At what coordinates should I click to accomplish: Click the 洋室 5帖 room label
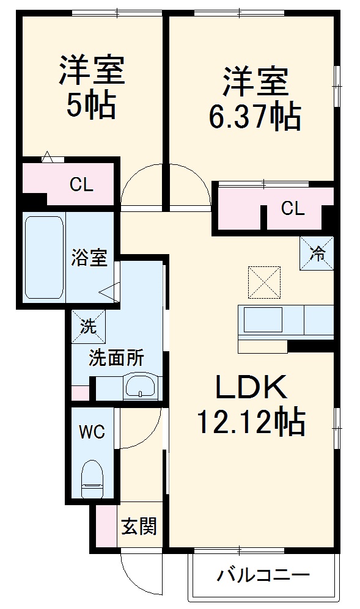(x=92, y=87)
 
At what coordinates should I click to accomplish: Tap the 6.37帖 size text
(x=255, y=116)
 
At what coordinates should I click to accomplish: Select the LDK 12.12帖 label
(x=251, y=404)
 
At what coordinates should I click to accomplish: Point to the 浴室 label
(x=89, y=257)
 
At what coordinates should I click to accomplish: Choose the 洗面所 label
(x=116, y=358)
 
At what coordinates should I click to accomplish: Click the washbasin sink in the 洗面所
(x=141, y=387)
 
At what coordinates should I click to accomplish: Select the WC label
(x=92, y=432)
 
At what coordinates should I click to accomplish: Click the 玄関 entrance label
(x=139, y=525)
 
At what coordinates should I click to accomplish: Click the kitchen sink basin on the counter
(x=263, y=319)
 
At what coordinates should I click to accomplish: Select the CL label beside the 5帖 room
(x=81, y=185)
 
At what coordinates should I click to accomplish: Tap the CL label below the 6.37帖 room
(x=292, y=209)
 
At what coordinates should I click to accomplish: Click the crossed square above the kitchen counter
(x=264, y=282)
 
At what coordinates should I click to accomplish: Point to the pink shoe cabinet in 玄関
(x=106, y=525)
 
